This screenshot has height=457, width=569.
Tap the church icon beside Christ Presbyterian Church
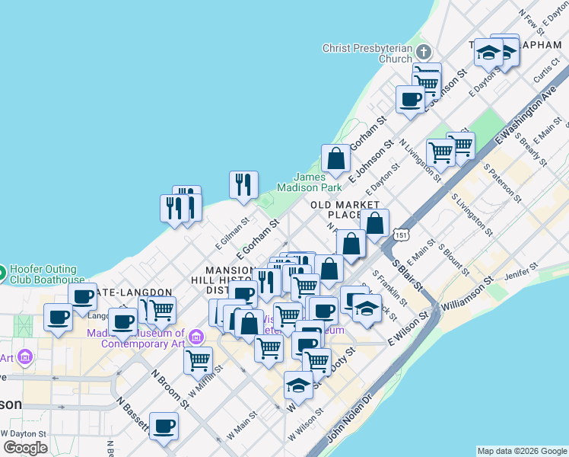coord(424,53)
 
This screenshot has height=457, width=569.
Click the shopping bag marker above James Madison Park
coord(335,159)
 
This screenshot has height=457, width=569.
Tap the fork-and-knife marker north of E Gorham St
coord(243,184)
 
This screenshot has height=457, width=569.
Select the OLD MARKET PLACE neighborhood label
coord(345,209)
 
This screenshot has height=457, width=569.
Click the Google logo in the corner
coord(25,448)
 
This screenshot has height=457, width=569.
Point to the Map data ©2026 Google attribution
coord(523,451)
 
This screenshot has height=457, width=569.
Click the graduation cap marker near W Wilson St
coord(298,386)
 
